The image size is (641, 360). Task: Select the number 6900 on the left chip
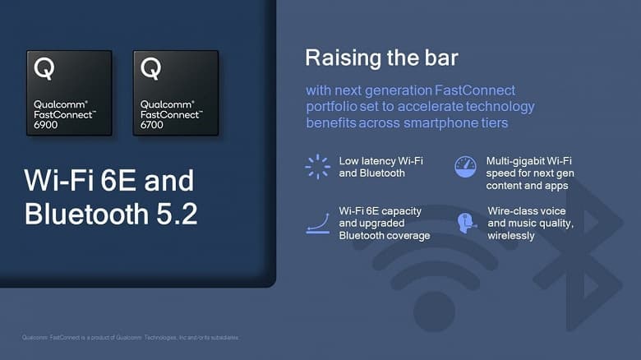(47, 124)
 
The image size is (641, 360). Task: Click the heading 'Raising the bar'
(381, 58)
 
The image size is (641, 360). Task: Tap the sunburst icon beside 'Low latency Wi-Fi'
(317, 166)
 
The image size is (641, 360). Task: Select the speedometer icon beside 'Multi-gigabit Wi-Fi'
(466, 166)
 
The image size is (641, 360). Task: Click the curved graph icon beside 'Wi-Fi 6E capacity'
(317, 223)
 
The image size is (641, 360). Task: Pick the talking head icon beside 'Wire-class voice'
(466, 223)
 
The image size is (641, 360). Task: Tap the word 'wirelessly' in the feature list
(511, 236)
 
